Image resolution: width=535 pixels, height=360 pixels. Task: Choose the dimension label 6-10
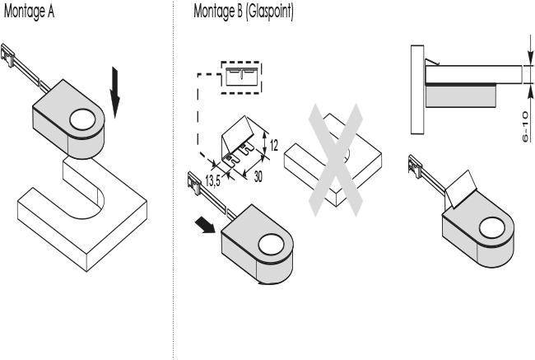pos(524,128)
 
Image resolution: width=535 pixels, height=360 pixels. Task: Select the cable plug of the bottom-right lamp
pos(416,166)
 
